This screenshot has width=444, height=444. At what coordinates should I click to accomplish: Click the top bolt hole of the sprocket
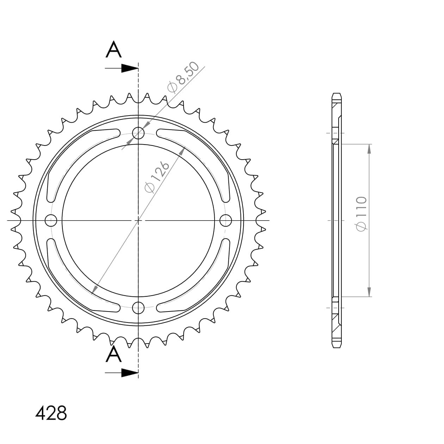[138, 133]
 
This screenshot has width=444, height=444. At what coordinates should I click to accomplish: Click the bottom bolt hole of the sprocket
[138, 308]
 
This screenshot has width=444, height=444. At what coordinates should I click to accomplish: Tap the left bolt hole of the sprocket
[51, 221]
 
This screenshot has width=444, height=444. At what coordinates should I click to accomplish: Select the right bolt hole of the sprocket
[226, 221]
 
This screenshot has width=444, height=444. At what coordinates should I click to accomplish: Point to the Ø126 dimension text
[157, 177]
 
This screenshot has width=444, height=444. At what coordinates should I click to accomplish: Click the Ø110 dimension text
[362, 214]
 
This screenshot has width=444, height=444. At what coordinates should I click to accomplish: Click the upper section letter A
[113, 50]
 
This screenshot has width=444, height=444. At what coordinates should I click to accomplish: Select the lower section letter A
[113, 354]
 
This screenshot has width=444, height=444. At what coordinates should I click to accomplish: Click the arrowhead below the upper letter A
[129, 68]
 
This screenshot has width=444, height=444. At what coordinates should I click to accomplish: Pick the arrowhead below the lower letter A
[129, 373]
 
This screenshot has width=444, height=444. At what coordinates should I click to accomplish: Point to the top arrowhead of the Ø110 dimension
[369, 149]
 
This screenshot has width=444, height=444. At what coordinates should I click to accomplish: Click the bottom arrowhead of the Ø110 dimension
[369, 292]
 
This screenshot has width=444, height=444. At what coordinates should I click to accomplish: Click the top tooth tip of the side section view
[337, 94]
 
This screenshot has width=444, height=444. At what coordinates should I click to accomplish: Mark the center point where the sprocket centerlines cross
[138, 221]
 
